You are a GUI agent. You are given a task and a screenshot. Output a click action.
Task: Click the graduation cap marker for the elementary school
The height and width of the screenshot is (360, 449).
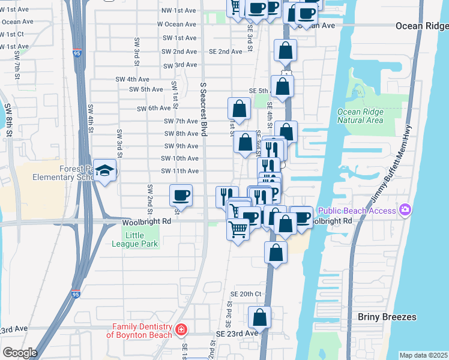(105, 172)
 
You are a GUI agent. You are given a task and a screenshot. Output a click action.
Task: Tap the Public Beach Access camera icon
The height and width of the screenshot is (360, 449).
(406, 210)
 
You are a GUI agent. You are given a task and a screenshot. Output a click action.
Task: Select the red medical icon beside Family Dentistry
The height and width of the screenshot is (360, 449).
(180, 329)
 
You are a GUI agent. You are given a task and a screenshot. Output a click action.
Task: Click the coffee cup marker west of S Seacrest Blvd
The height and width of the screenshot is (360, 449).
(181, 195)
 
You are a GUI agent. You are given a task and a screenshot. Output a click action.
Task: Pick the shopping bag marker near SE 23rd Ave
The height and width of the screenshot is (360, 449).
(259, 316)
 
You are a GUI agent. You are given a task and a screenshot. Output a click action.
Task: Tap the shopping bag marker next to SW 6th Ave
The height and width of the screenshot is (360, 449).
(239, 109)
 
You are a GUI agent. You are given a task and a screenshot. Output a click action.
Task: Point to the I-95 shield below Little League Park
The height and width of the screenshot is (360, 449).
(75, 294)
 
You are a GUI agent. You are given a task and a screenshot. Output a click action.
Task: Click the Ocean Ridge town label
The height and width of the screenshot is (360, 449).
(421, 26)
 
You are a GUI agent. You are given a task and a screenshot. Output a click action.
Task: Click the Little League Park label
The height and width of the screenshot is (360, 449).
(135, 240)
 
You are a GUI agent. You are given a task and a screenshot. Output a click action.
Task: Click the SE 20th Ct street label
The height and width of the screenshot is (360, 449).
(247, 294)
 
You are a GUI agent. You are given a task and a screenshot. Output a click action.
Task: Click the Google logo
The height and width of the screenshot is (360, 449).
(20, 353)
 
